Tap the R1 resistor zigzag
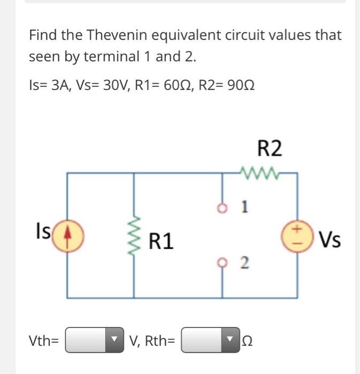(x=134, y=235)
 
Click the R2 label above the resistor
(x=269, y=148)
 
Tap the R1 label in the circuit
(x=160, y=241)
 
